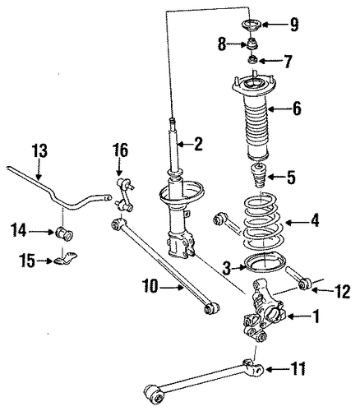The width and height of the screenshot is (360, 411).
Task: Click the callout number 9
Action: pos(294,25)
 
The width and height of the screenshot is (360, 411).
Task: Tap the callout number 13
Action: pos(39,150)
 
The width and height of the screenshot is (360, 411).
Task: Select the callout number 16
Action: pos(120,151)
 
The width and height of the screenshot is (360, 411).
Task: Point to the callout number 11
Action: pos(298,368)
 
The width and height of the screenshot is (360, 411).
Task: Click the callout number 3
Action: pos(227,268)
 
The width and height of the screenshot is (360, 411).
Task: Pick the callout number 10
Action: pos(150,287)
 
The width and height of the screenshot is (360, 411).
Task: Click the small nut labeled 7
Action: pos(252,59)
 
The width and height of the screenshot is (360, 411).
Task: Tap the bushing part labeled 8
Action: pos(252,44)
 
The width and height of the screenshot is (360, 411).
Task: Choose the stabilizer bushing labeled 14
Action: pos(64,233)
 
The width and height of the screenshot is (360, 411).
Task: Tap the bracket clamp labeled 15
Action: pos(66,258)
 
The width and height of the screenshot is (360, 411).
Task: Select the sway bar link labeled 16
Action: pos(123,195)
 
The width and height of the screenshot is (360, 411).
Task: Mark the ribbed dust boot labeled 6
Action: pos(255,118)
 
